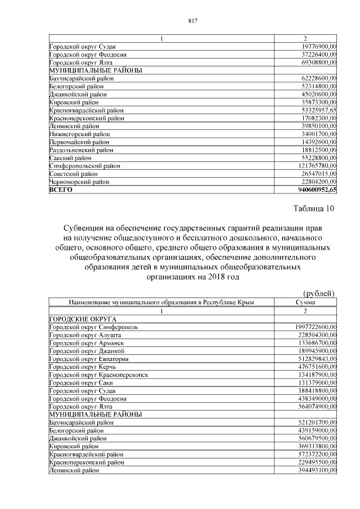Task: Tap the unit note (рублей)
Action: (318, 293)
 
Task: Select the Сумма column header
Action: (305, 302)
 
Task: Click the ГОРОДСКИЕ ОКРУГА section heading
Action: (79, 318)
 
